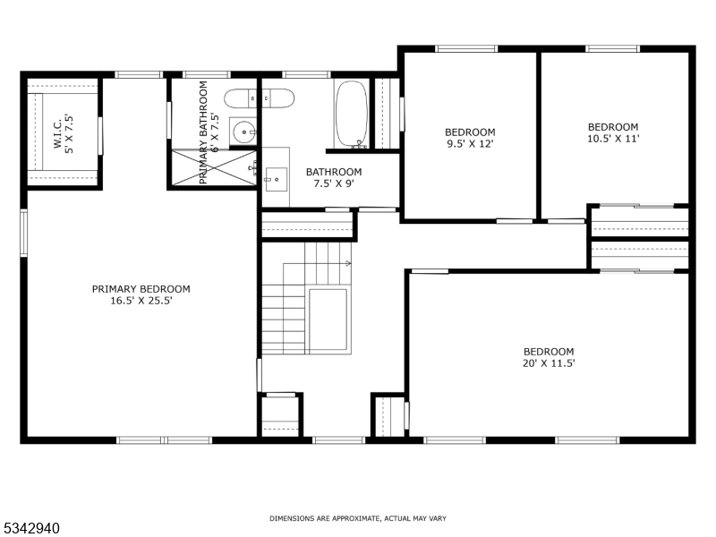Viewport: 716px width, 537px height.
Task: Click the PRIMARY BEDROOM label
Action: tap(141, 289)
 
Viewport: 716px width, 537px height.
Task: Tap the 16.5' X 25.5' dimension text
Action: tap(141, 302)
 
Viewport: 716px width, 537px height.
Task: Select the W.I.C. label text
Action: tap(55, 132)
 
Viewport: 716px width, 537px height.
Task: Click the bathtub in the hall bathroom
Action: tap(350, 114)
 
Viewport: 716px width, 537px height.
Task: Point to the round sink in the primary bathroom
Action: tap(243, 132)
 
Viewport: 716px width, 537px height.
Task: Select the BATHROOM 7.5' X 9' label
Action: tap(334, 178)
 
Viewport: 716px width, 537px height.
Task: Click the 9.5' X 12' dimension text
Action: tap(470, 143)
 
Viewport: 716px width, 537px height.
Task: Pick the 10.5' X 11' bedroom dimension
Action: tap(613, 139)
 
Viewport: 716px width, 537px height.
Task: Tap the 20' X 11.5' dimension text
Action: tap(549, 363)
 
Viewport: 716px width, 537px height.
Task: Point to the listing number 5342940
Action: tap(31, 529)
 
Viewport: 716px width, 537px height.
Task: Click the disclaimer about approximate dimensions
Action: tap(358, 518)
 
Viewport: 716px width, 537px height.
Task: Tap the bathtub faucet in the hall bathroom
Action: tap(360, 143)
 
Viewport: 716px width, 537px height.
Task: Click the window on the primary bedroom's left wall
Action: tap(24, 232)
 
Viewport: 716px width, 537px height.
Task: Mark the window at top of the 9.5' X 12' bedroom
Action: tap(465, 48)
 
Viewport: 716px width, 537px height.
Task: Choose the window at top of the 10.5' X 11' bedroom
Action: tap(613, 48)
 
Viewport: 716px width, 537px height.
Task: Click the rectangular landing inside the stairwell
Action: tap(328, 320)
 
